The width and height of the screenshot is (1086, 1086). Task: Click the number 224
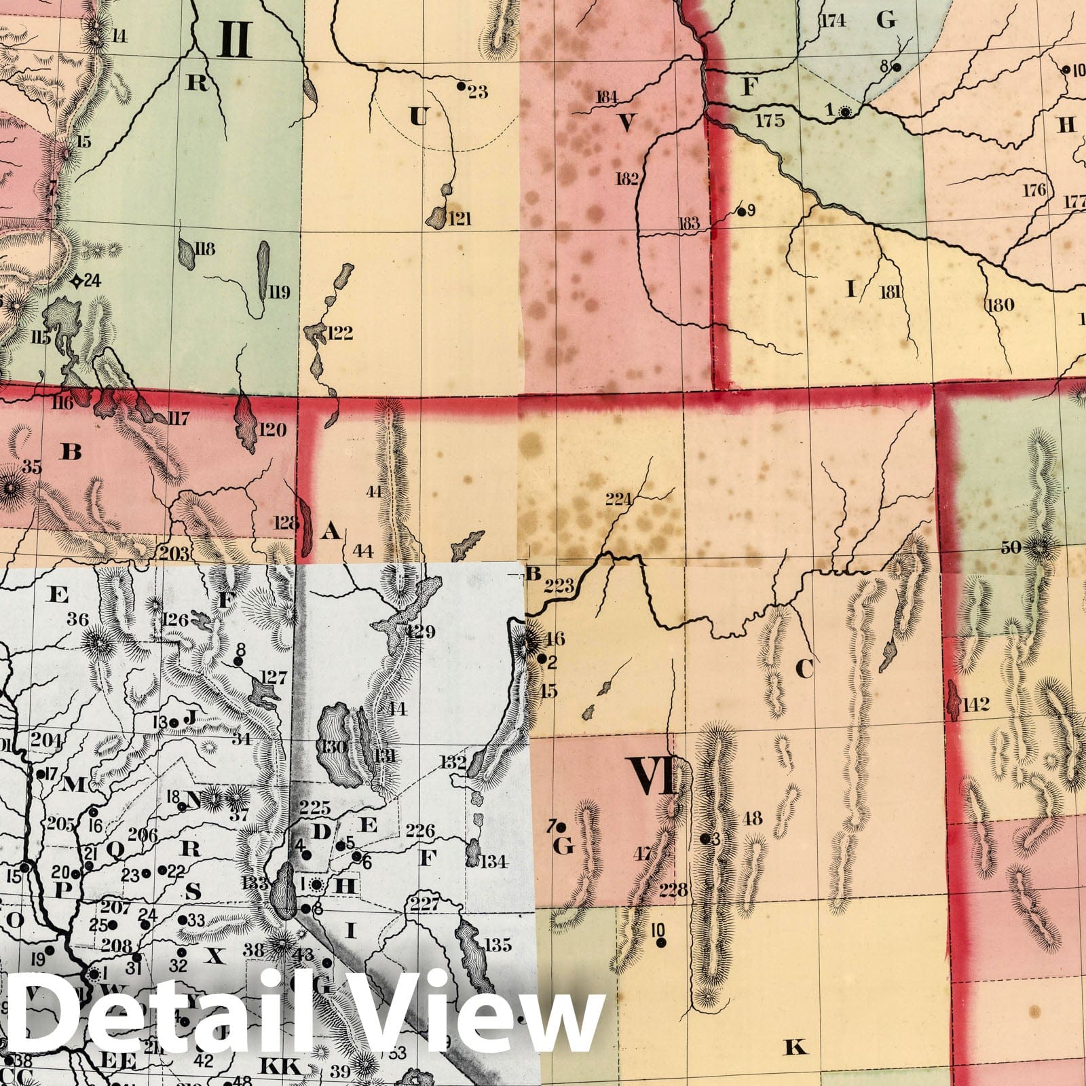pos(618,500)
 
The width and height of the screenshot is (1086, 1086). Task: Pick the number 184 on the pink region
pos(606,96)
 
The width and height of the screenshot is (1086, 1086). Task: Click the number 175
pos(770,121)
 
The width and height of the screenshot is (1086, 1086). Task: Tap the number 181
pos(891,292)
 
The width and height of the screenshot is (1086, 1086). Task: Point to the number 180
pos(999,304)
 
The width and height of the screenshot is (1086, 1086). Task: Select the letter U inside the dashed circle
pos(419,117)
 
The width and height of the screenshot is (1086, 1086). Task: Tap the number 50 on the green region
pos(1011,547)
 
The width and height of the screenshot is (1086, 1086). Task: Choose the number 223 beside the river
pos(559,585)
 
